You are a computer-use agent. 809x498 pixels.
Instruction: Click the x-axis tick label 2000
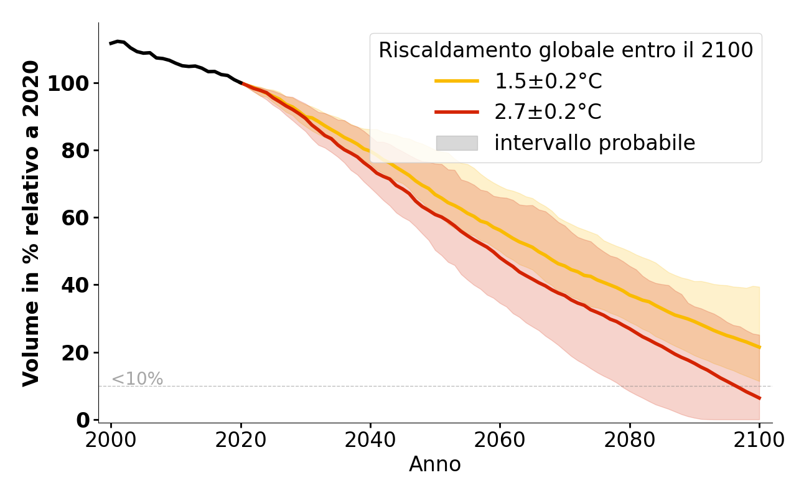click(111, 441)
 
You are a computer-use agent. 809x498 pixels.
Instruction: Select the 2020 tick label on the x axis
click(241, 441)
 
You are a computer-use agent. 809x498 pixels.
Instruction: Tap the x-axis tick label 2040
click(370, 441)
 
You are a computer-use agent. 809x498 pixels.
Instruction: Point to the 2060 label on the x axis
click(500, 441)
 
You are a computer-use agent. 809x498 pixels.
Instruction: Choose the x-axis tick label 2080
click(630, 441)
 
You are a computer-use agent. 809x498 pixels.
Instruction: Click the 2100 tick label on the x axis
click(759, 441)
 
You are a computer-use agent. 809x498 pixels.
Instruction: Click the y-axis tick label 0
click(83, 420)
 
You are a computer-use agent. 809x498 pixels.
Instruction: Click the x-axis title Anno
click(435, 465)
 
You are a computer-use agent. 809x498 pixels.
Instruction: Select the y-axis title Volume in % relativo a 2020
click(31, 223)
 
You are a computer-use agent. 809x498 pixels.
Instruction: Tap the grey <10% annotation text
click(137, 379)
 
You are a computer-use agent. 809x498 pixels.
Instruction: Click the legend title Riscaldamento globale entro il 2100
click(566, 50)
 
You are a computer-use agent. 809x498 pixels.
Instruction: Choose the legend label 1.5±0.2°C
click(548, 82)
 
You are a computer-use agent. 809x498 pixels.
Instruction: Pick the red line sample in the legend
click(457, 112)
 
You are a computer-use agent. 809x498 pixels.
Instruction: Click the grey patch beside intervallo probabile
click(457, 143)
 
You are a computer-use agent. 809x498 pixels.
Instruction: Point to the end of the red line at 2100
click(759, 398)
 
